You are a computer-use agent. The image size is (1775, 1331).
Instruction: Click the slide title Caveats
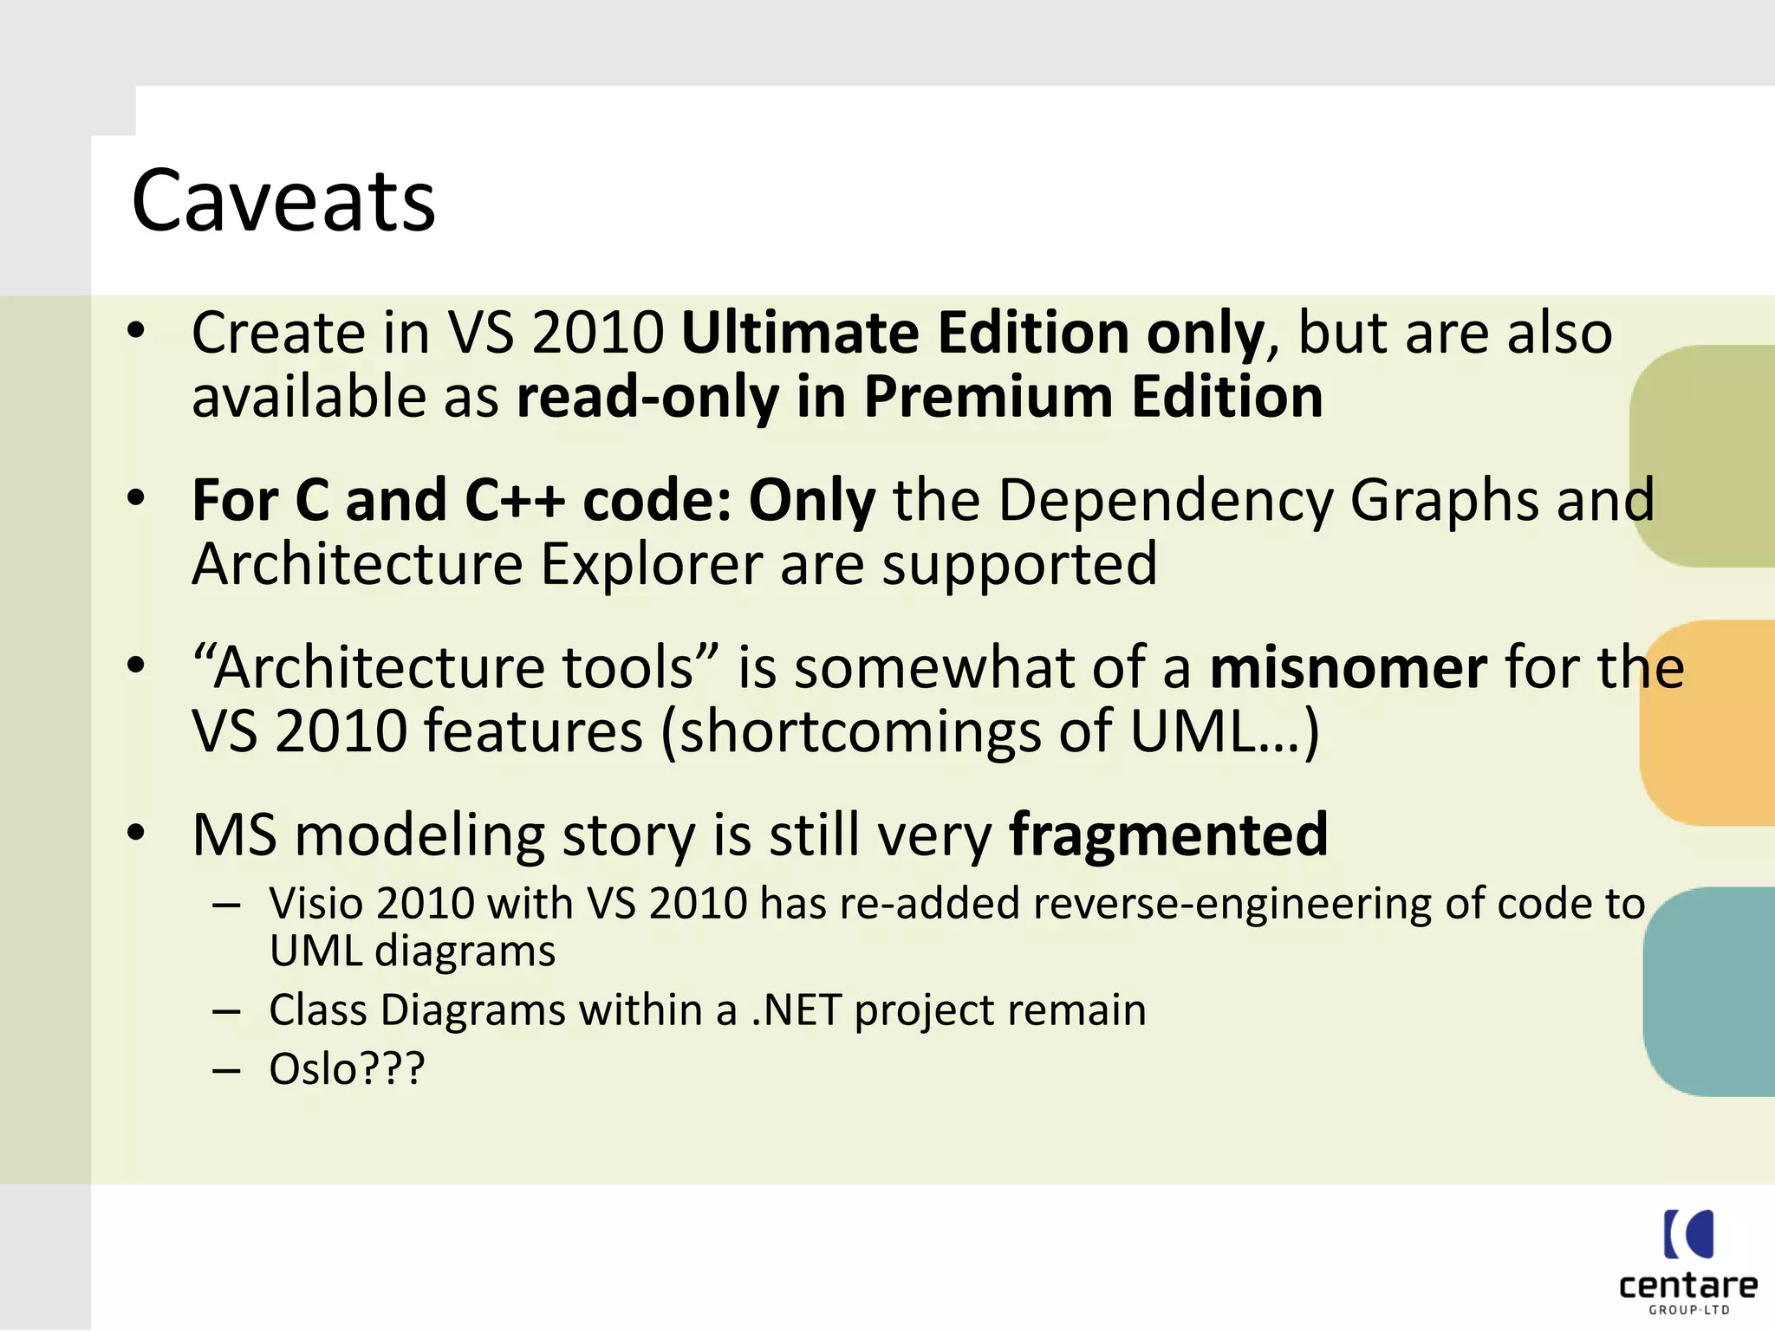[283, 201]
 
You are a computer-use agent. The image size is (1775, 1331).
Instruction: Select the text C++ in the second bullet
[515, 500]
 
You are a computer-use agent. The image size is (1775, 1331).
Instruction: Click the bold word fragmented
[1168, 834]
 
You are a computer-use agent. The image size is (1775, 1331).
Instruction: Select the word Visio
[317, 904]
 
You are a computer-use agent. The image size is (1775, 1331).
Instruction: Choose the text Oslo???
[347, 1069]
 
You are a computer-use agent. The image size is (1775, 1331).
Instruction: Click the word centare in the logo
[1687, 1285]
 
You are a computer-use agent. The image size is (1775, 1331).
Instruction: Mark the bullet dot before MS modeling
[136, 833]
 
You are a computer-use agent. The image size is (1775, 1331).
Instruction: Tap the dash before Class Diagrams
[226, 1012]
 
